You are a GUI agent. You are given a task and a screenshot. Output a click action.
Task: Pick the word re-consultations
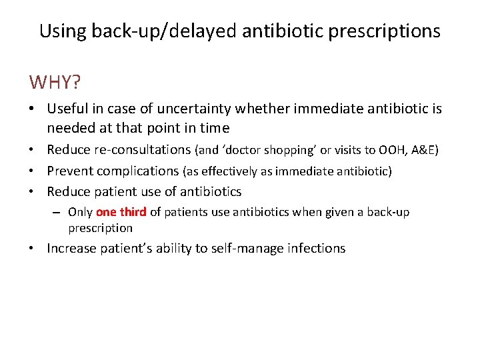pos(137,150)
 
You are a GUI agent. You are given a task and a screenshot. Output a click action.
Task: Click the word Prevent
pos(72,171)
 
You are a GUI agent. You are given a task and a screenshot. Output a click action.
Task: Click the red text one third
pos(121,213)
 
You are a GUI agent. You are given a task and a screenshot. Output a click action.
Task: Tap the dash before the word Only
pos(58,213)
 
